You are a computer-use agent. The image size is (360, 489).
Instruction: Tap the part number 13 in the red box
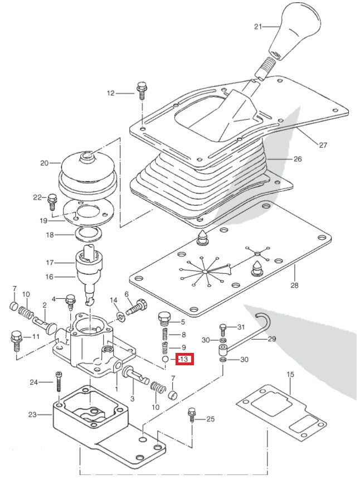[x=184, y=360]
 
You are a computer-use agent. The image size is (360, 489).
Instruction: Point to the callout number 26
[x=298, y=159]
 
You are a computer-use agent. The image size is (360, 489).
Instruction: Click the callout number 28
[x=294, y=285]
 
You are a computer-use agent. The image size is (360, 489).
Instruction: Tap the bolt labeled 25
[x=192, y=415]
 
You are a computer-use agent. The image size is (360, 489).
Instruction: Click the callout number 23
[x=32, y=415]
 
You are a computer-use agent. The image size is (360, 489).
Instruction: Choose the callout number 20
[x=45, y=163]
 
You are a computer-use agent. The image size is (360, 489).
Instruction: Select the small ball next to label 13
[x=165, y=360]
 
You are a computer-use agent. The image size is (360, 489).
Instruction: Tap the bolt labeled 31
[x=222, y=327]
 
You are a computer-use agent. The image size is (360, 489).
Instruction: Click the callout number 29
[x=272, y=338]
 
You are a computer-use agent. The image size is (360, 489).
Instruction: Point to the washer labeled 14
[x=121, y=318]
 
